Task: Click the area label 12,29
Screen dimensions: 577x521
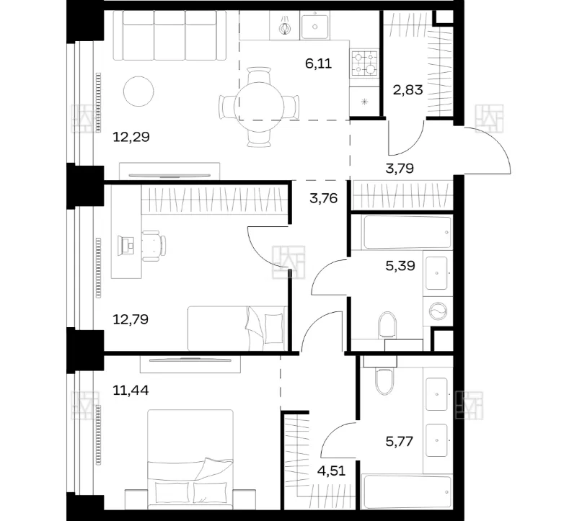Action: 131,137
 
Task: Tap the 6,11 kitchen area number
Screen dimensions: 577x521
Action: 318,63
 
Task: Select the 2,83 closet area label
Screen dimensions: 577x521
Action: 408,89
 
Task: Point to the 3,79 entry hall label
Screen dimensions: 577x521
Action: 400,169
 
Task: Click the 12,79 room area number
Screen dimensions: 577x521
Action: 131,319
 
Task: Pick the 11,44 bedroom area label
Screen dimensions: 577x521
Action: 131,390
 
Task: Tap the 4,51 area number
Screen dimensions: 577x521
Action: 331,471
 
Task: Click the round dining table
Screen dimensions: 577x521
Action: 260,107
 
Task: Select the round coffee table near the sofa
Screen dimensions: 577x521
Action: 138,92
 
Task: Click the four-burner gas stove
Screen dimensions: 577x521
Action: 364,63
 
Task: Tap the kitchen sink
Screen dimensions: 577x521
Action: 315,25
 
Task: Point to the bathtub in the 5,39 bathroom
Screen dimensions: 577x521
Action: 408,232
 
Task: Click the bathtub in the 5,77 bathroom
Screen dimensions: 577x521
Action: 407,492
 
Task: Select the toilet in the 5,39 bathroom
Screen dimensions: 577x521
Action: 387,325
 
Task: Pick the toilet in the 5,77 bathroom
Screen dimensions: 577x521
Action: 384,381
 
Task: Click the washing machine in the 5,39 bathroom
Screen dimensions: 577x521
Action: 438,312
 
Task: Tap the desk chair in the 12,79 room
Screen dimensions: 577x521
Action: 154,246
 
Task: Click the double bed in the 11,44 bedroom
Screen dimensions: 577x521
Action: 190,460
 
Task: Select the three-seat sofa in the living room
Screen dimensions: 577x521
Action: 169,35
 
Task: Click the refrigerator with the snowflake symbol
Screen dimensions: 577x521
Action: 364,102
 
